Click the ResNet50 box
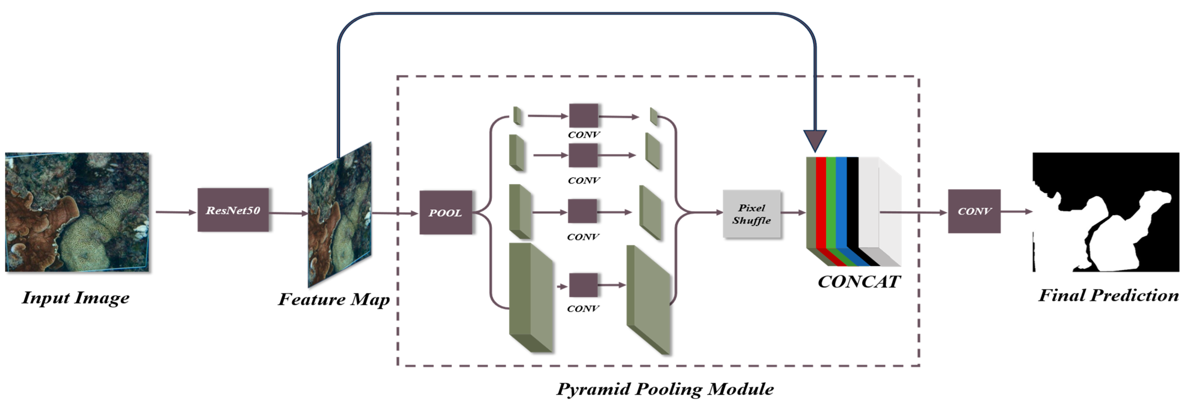[233, 210]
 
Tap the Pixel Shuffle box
[751, 214]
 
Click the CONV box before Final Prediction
[974, 211]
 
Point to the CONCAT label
[859, 282]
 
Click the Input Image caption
[76, 298]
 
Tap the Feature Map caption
[334, 299]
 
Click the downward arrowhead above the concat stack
[815, 140]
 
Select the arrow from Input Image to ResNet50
[176, 212]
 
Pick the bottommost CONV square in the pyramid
[583, 285]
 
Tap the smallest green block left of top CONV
[518, 116]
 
